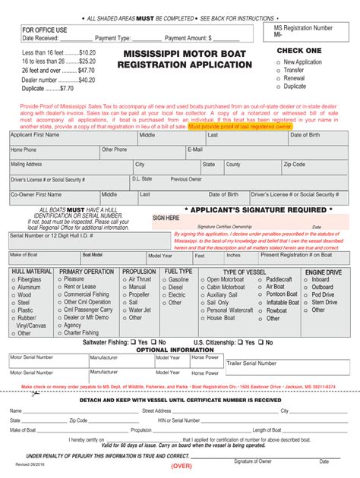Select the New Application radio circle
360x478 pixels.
pyautogui.click(x=280, y=62)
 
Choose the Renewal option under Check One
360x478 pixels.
pyautogui.click(x=280, y=78)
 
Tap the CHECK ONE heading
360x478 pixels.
pyautogui.click(x=299, y=51)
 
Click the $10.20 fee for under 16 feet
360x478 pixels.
pyautogui.click(x=87, y=52)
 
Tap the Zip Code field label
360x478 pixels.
pyautogui.click(x=295, y=164)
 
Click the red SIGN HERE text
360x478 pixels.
pyautogui.click(x=166, y=218)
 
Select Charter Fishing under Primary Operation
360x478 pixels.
pyautogui.click(x=60, y=332)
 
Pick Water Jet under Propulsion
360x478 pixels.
pyautogui.click(x=125, y=310)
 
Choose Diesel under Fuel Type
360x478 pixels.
pyautogui.click(x=166, y=288)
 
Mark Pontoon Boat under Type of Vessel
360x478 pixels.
pyautogui.click(x=260, y=294)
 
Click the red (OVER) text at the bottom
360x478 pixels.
pyautogui.click(x=181, y=465)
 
